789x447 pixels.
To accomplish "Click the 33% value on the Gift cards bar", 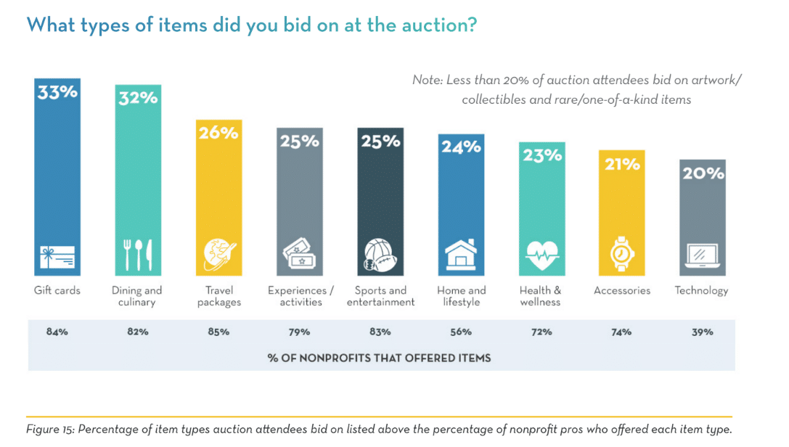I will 57,93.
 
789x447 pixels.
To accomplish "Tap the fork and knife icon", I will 138,254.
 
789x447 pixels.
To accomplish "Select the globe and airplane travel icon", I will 218,254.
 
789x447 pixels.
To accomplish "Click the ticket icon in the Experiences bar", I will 300,255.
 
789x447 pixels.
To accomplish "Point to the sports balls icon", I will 380,254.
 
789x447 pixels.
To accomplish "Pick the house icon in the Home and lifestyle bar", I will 461,254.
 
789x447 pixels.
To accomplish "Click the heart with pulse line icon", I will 541,255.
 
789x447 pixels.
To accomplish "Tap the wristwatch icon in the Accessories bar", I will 622,254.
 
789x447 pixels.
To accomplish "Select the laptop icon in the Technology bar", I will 702,255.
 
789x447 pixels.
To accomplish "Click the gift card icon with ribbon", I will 57,255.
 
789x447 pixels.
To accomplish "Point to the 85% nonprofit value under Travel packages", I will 218,332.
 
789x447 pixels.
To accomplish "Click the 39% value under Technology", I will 702,332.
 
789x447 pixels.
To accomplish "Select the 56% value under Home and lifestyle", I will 461,332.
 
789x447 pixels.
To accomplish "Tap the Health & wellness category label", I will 541,296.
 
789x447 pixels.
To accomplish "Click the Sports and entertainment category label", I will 380,296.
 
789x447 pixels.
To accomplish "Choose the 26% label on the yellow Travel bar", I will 218,134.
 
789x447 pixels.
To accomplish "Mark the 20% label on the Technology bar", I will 702,173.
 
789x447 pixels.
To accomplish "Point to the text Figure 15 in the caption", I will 50,429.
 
